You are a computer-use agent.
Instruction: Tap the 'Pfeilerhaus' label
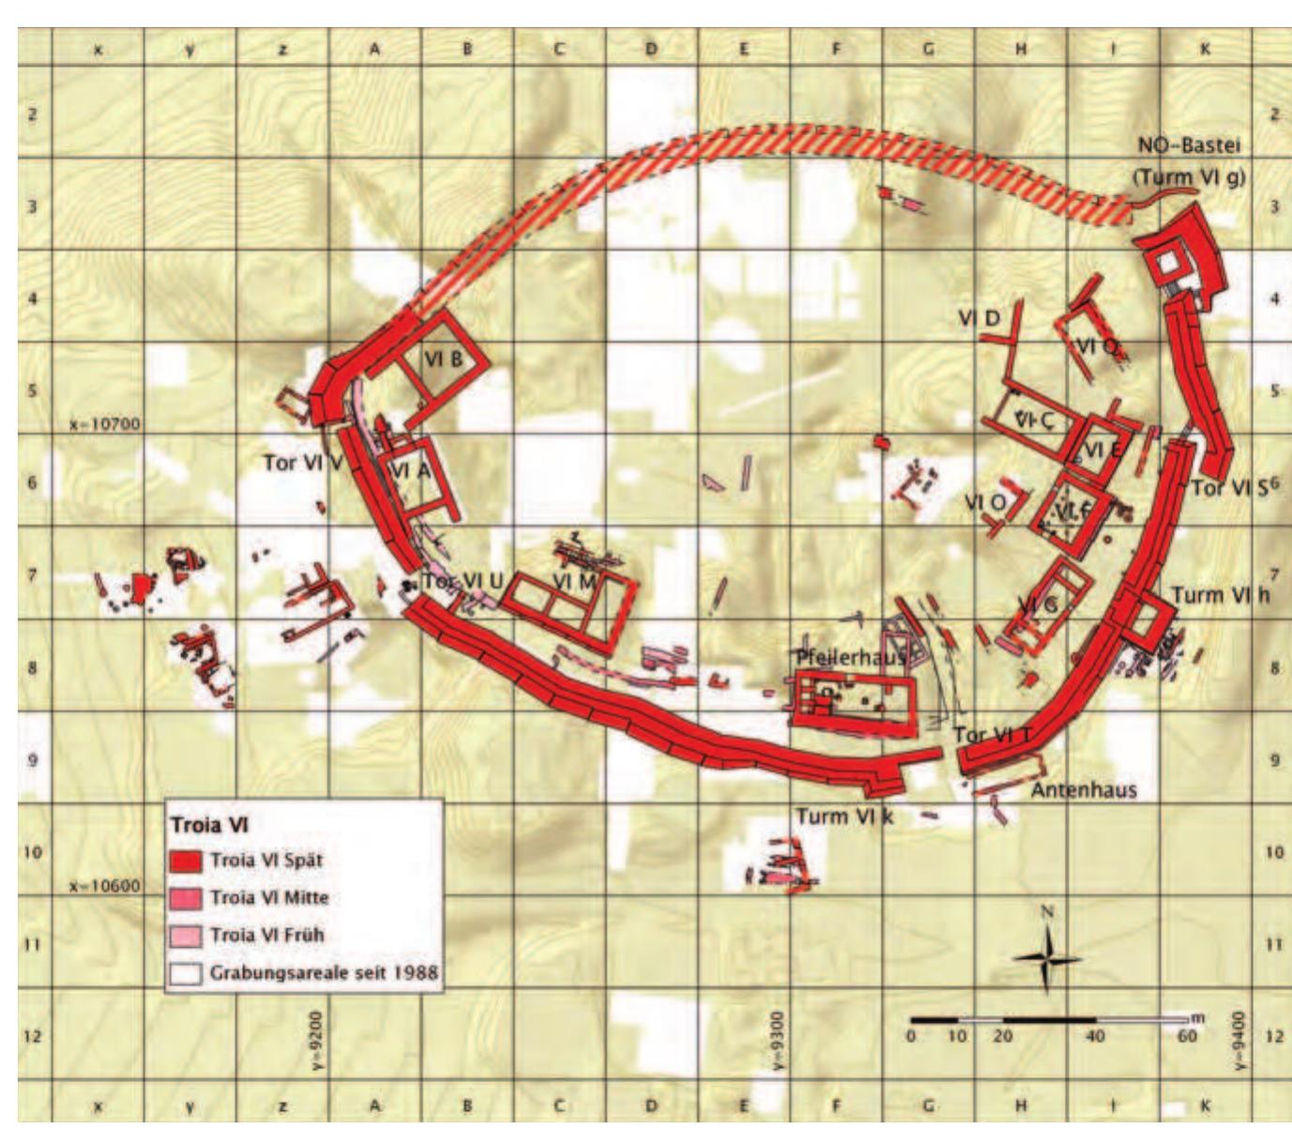(851, 658)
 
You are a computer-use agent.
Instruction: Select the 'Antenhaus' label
(1084, 790)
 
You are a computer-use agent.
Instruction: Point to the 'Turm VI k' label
(844, 816)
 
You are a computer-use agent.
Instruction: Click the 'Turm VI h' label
(1221, 595)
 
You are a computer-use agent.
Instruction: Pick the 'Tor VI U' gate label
(463, 582)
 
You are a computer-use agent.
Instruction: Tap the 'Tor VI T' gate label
(993, 736)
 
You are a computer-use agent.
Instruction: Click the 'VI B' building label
(443, 359)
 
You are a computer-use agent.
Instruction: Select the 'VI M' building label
(573, 582)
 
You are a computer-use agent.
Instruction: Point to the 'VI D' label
(980, 318)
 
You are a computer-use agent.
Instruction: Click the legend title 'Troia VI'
(208, 826)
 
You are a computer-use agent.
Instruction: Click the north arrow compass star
(1047, 958)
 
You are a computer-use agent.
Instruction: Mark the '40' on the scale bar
(1094, 1037)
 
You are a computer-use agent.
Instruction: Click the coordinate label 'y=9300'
(782, 1040)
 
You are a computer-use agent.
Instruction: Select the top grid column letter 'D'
(650, 49)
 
